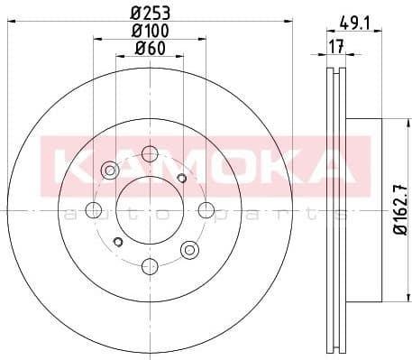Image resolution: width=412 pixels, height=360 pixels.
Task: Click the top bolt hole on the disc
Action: tap(150, 155)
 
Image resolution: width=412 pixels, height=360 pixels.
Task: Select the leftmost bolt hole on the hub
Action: tap(93, 210)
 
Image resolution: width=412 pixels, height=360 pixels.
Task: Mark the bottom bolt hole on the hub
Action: tap(150, 266)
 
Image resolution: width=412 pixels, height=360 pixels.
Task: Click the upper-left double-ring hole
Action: tap(110, 170)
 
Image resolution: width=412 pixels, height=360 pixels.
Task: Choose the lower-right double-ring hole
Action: tap(189, 249)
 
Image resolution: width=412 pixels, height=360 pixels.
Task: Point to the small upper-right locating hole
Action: tap(182, 178)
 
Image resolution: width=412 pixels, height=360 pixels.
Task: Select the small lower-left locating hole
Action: tap(117, 242)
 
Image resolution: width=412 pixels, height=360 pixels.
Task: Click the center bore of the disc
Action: tap(150, 210)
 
